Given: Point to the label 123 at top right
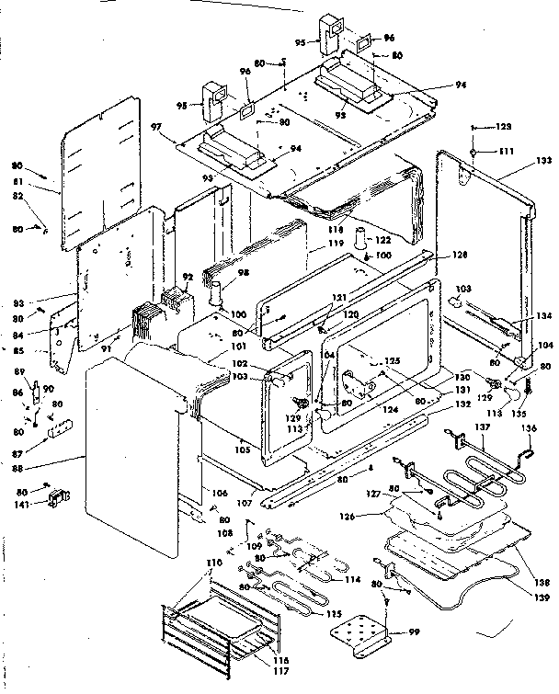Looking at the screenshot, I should tap(505, 126).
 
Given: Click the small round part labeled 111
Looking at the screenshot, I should tap(472, 150).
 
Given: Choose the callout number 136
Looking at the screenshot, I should tap(528, 427).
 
